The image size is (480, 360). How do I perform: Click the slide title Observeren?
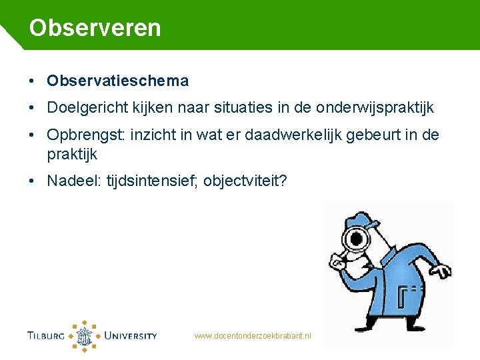point(95,28)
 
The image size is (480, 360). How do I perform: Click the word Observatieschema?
point(117,81)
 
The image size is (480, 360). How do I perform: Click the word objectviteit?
point(245,181)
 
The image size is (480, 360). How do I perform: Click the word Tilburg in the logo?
point(46,335)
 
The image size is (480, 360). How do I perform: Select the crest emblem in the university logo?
point(85,335)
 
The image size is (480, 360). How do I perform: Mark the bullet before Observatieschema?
point(32,81)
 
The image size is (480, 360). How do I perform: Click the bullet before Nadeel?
point(32,181)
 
